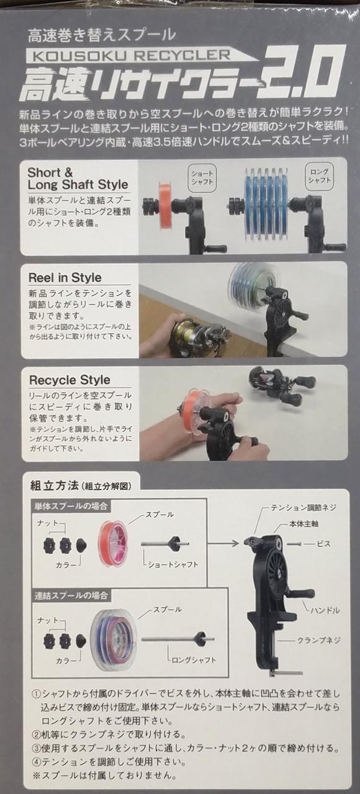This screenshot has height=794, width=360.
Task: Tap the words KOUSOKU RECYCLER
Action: click(x=128, y=55)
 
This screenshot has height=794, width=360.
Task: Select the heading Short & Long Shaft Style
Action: click(x=78, y=179)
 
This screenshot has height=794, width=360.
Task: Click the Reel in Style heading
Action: click(x=65, y=277)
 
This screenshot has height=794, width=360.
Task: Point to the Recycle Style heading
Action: click(x=70, y=380)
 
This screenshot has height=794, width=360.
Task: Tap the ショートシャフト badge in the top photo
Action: click(x=202, y=177)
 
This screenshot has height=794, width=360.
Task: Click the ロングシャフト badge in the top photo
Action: click(x=319, y=176)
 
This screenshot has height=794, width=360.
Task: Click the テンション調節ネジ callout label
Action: click(x=304, y=508)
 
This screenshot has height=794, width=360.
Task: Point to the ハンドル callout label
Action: click(x=325, y=610)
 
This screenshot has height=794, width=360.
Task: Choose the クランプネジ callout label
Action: click(x=318, y=640)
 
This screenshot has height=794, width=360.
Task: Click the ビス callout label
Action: click(x=323, y=543)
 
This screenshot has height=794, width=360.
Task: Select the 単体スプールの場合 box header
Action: click(x=70, y=506)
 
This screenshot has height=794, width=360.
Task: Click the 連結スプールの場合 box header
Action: click(x=71, y=595)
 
